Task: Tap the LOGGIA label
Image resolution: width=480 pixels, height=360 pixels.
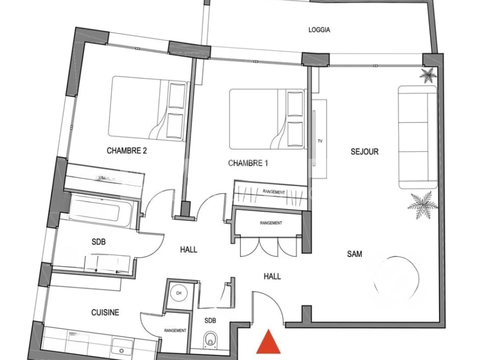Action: pos(319,30)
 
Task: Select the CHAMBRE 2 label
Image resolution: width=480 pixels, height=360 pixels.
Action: pos(124,151)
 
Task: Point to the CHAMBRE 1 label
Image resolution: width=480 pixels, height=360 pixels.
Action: pos(248,163)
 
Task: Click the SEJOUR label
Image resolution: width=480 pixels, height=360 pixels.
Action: pos(365,152)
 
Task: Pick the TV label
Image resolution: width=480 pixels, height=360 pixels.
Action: pos(320,141)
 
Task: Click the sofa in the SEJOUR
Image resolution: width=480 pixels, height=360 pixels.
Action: pos(417,137)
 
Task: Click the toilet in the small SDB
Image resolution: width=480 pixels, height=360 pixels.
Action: pos(211,340)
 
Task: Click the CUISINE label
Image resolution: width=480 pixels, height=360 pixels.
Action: pos(105,313)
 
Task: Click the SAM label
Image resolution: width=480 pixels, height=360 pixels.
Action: pos(354,254)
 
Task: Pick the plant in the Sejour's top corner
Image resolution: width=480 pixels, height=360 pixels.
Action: pos(427,75)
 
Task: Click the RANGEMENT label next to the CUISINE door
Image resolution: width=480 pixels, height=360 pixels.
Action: pos(175,330)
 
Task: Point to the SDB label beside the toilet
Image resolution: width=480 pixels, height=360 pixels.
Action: pos(210,321)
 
